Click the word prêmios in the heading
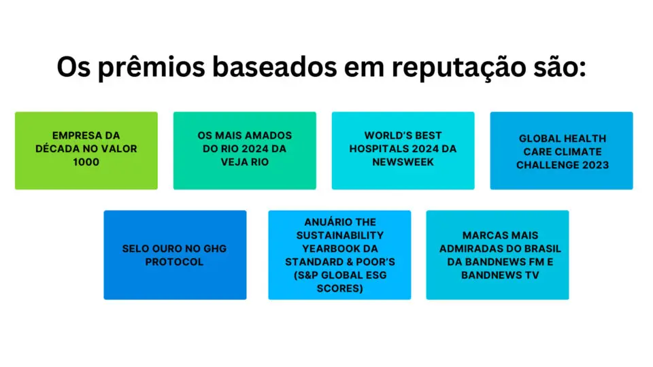[x=152, y=67]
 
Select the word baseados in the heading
[x=275, y=67]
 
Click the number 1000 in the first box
[x=86, y=162]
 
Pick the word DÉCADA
[x=56, y=149]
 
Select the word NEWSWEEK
[x=403, y=162]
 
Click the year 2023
[x=596, y=165]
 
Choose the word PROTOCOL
[x=175, y=262]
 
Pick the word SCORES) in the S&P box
[x=340, y=289]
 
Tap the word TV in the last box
[x=533, y=275]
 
